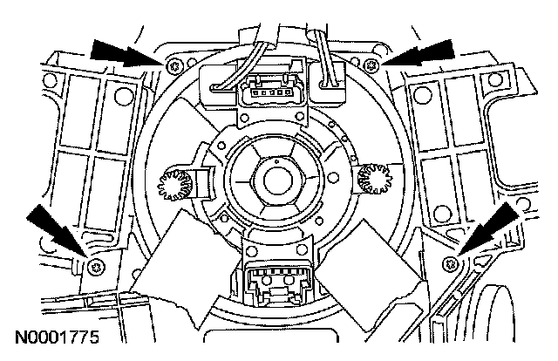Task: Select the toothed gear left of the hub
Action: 170,182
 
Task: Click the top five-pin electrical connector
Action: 265,89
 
